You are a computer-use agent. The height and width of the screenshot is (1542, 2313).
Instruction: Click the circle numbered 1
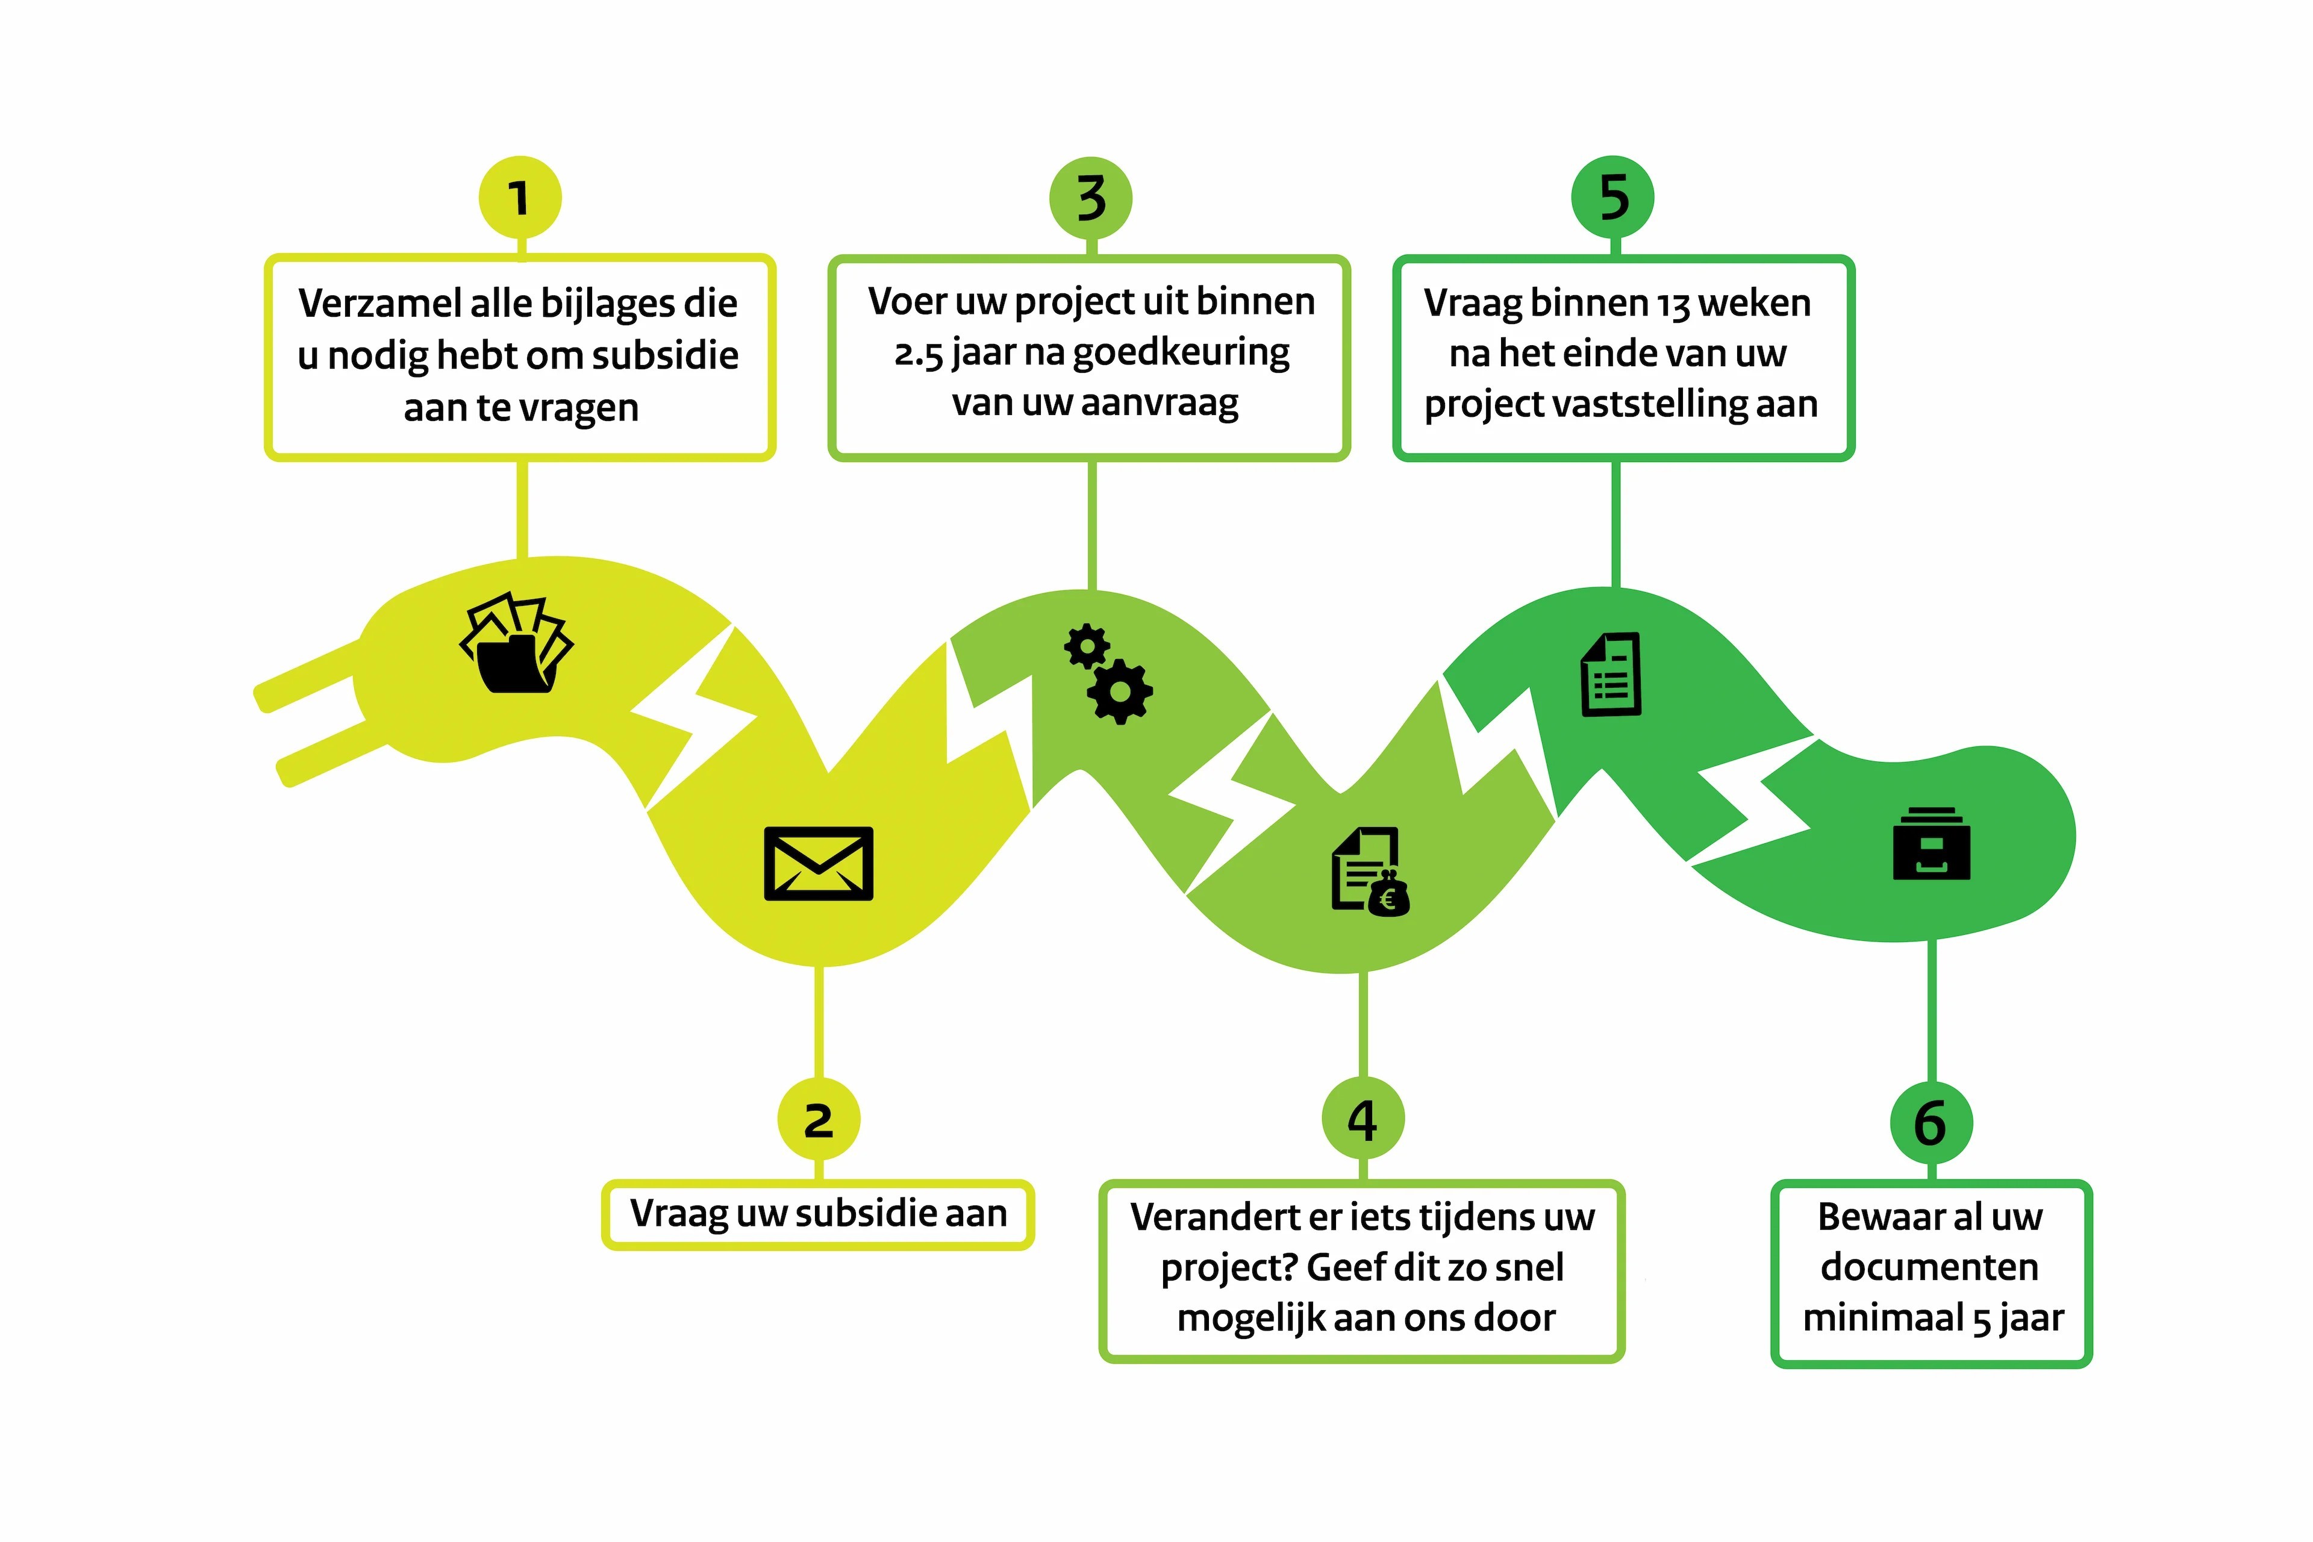[x=520, y=197]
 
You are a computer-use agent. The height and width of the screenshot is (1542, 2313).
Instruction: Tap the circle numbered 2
[x=818, y=1119]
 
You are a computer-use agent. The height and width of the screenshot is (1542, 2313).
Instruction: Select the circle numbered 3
[x=1091, y=198]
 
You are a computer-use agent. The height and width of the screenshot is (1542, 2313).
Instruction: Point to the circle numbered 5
[x=1613, y=197]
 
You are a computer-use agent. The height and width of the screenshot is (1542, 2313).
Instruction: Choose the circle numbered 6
[x=1931, y=1122]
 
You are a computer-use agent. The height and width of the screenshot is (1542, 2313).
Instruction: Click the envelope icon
[x=818, y=863]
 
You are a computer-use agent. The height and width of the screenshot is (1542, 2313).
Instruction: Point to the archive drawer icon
[x=1932, y=844]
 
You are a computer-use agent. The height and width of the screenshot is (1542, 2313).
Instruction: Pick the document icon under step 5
[x=1611, y=675]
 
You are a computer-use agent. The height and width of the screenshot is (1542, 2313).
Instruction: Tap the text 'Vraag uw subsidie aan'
[x=818, y=1214]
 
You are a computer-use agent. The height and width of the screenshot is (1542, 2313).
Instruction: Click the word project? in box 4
[x=1229, y=1269]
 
